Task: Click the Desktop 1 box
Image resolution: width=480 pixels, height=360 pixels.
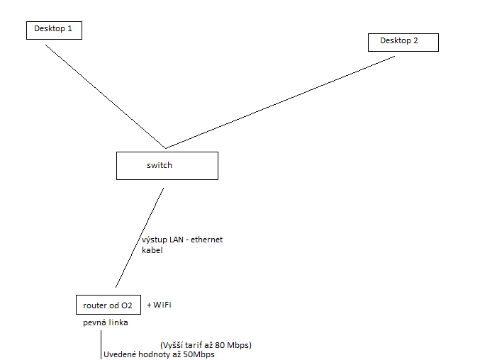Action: [x=54, y=30]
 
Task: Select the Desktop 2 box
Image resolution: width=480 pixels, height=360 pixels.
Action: [x=403, y=42]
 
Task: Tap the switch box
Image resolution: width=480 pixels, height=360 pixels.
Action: [x=167, y=165]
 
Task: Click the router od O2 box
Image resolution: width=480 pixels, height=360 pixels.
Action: [x=107, y=305]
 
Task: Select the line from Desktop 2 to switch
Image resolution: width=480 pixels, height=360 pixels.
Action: [x=281, y=102]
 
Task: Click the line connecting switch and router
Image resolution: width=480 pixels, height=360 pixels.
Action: [x=140, y=237]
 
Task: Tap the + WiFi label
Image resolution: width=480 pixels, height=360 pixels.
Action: [x=159, y=305]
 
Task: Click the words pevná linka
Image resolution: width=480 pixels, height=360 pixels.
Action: [x=105, y=323]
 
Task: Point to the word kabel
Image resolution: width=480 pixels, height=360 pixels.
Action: [x=152, y=250]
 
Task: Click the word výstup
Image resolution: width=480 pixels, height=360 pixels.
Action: [x=155, y=240]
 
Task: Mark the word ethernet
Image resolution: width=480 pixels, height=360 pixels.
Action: [x=206, y=240]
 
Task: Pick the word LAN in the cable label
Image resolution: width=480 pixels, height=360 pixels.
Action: [x=177, y=240]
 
